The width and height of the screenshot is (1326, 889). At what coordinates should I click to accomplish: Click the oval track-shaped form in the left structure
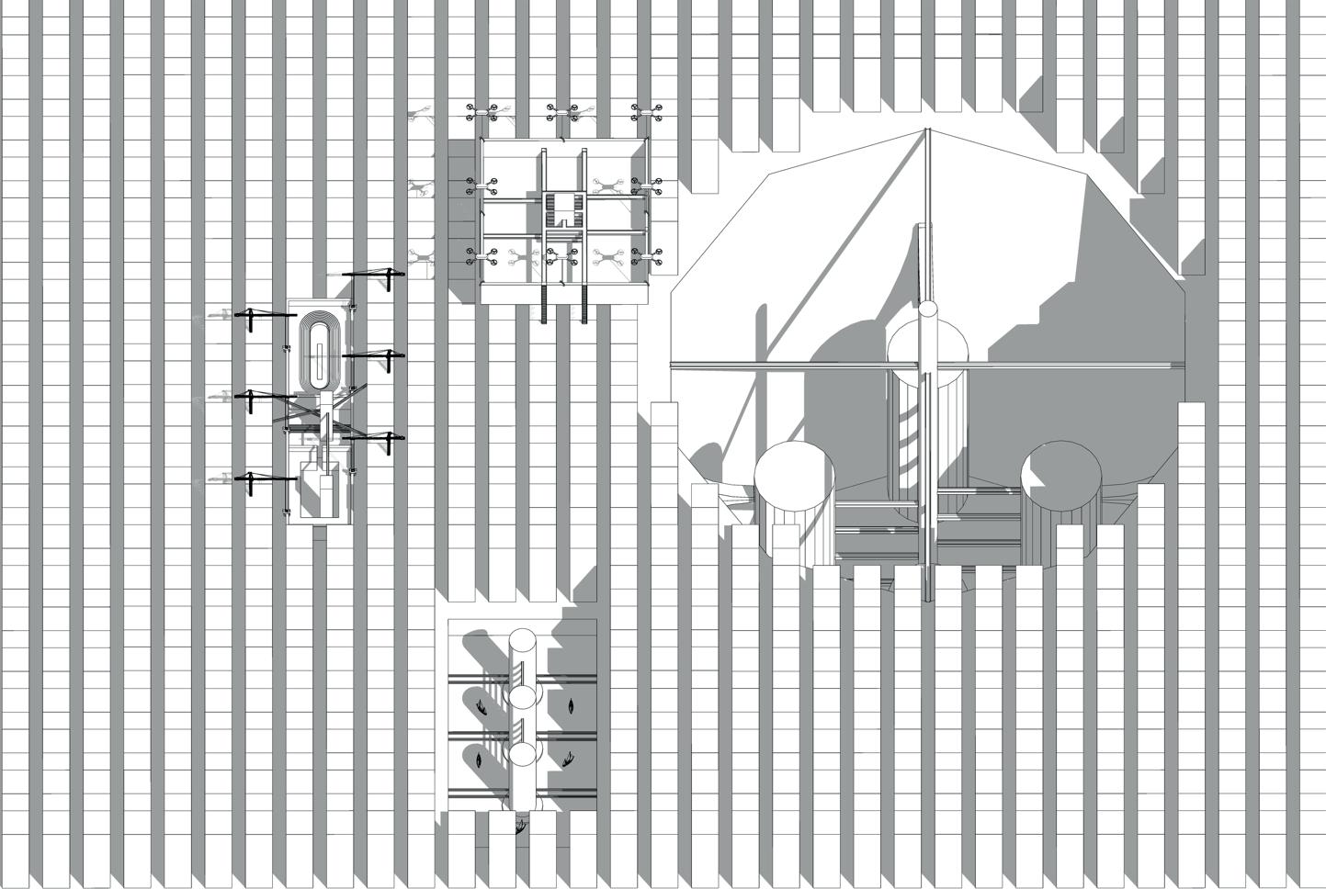coord(319,354)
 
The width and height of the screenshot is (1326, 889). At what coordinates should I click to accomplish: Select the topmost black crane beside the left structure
coord(372,274)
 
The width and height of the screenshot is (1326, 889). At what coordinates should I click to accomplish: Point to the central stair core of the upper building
coord(562,208)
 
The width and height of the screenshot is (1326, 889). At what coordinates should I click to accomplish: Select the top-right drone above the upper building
coord(648,112)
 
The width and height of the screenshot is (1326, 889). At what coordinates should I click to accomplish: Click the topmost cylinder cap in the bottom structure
coord(523,641)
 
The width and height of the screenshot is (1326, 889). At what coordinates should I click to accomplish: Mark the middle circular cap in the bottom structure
coord(523,698)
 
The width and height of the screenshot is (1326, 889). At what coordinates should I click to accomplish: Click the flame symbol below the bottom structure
coord(521,827)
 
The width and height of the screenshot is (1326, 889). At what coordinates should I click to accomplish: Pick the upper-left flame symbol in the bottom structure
coord(482,705)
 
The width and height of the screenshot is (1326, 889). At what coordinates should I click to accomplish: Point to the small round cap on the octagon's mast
coord(927,313)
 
